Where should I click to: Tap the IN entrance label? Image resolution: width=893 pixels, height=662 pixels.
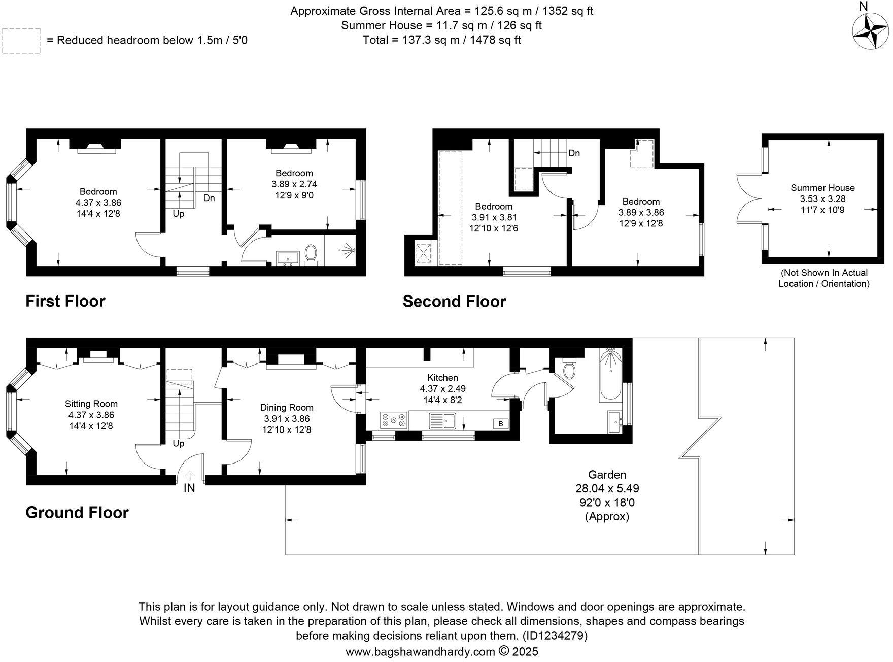coord(189,488)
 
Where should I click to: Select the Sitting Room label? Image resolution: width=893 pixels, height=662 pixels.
coord(91,404)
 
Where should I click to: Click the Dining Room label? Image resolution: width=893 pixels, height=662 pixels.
coord(287,408)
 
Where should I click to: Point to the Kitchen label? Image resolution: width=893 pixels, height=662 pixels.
coord(442,378)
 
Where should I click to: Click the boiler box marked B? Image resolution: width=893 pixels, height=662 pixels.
coord(501,423)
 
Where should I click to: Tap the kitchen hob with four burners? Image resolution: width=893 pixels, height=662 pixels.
coord(394,420)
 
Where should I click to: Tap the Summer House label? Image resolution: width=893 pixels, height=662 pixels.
coord(822,188)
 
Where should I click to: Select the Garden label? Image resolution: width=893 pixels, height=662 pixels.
coord(607,475)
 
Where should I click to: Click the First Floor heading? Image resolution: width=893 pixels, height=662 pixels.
coord(65,301)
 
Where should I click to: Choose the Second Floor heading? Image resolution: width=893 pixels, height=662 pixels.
coord(454,302)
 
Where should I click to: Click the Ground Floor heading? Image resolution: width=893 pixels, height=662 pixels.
coord(77,513)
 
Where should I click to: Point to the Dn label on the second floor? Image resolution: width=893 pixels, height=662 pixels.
coord(574,153)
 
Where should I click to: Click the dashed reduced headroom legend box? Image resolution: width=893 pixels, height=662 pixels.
coord(21,41)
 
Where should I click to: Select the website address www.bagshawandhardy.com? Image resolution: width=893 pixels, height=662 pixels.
coord(420,651)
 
